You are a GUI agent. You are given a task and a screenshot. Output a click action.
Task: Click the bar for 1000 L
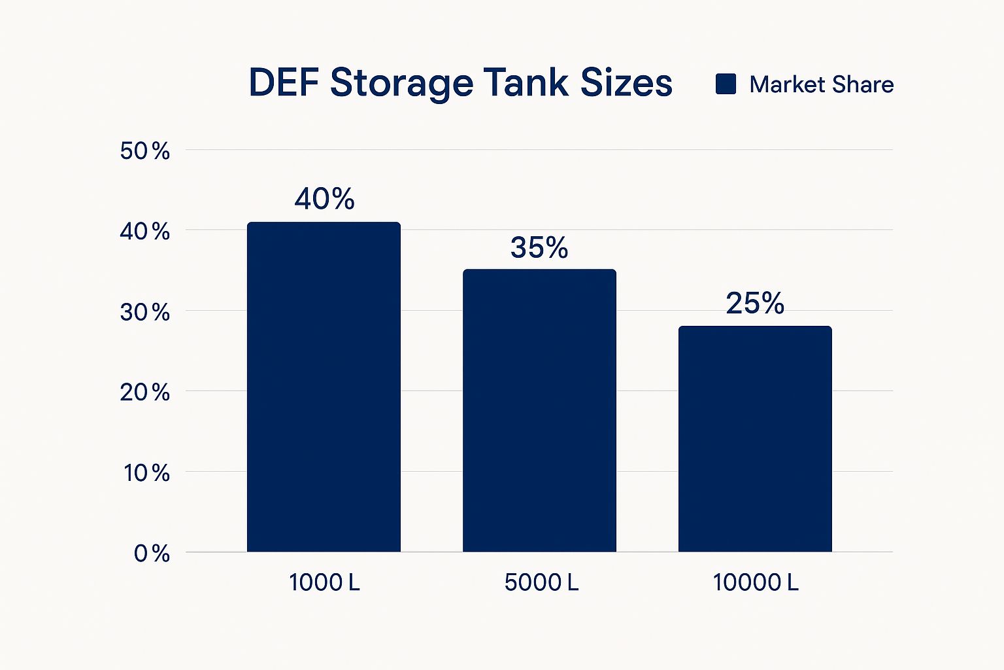[324, 387]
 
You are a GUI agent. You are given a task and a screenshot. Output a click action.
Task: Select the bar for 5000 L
[539, 410]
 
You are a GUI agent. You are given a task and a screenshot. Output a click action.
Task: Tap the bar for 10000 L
[755, 438]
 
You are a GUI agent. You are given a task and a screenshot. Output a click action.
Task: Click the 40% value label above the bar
[324, 199]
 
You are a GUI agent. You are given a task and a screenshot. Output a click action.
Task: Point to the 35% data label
[539, 247]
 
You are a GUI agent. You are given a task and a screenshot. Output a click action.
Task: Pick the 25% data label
[755, 304]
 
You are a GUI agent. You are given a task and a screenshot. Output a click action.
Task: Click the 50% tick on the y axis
[144, 151]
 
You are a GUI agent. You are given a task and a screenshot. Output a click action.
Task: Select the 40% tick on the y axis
[144, 232]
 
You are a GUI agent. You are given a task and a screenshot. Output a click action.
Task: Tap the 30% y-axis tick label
[144, 312]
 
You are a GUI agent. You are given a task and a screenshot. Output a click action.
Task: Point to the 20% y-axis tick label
[144, 393]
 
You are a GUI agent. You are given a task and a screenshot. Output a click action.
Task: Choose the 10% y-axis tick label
[146, 473]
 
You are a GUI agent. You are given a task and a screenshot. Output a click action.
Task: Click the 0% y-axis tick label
[152, 554]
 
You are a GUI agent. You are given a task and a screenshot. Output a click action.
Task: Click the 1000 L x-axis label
[324, 582]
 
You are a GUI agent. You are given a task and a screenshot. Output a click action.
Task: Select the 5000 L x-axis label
[541, 582]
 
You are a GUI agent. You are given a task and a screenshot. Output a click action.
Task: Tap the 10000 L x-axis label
[756, 582]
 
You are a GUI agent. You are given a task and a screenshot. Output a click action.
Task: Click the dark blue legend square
[726, 84]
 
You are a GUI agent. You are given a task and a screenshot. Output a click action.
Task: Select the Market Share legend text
[821, 84]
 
